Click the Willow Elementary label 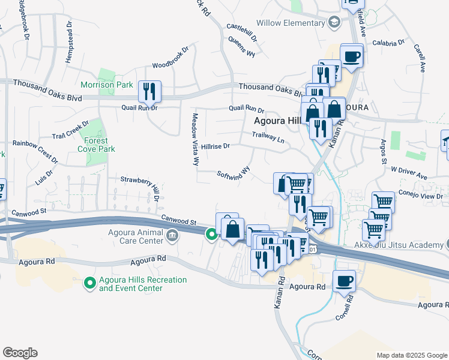pyautogui.click(x=290, y=23)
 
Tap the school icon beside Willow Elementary pyautogui.click(x=334, y=23)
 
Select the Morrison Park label pyautogui.click(x=107, y=85)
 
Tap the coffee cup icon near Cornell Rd pyautogui.click(x=344, y=281)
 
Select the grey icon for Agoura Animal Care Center pyautogui.click(x=173, y=235)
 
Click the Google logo pyautogui.click(x=20, y=353)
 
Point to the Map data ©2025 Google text pyautogui.click(x=411, y=355)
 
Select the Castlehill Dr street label pyautogui.click(x=242, y=32)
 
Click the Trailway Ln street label pyautogui.click(x=268, y=137)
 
